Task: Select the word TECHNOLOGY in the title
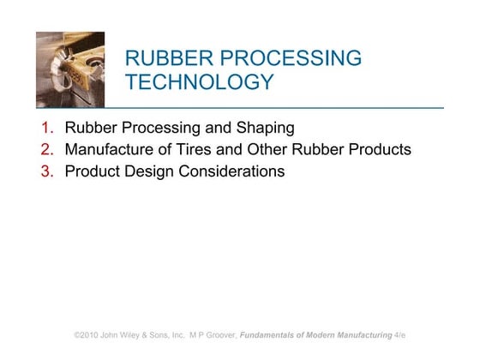(200, 83)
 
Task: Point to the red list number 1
(48, 129)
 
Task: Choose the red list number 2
(48, 150)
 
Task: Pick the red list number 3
(48, 171)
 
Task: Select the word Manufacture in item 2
(109, 150)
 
